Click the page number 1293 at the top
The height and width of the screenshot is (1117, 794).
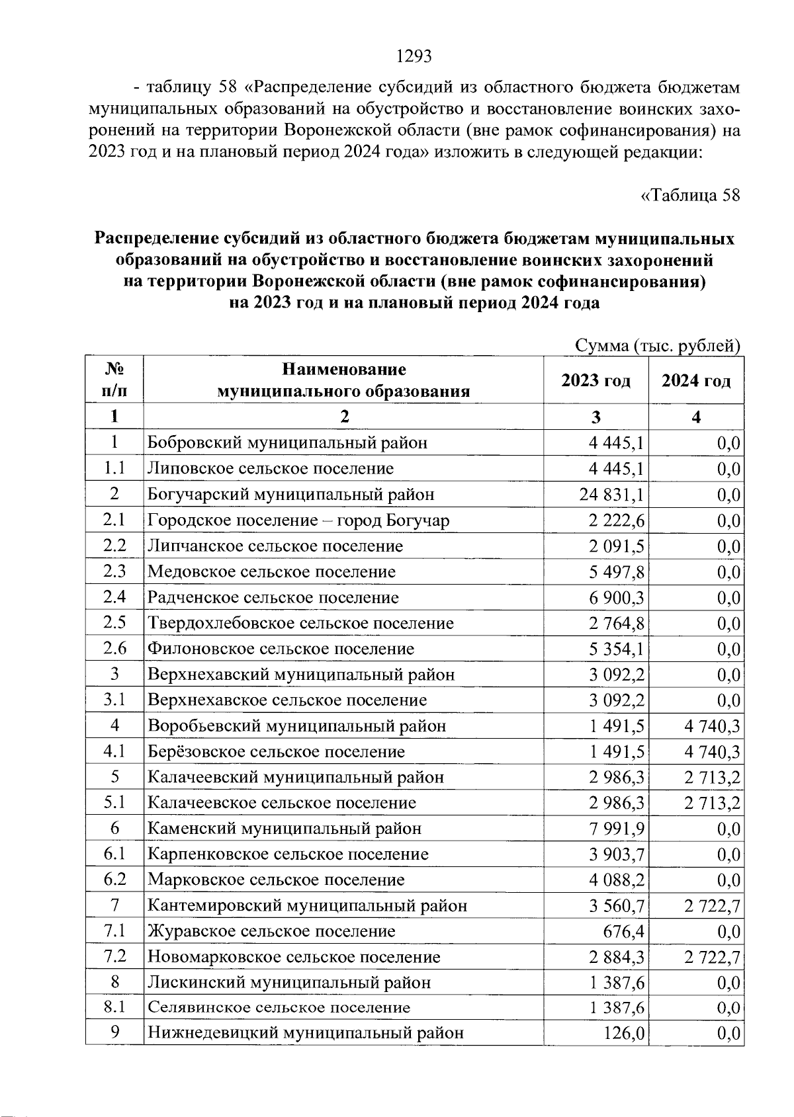(414, 57)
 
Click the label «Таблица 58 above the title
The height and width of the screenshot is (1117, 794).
(690, 196)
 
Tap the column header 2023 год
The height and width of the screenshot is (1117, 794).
(595, 381)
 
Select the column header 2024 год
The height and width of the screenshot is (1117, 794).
(696, 381)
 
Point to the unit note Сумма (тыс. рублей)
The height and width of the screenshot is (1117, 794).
(656, 346)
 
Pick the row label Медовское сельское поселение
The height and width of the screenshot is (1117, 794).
(271, 572)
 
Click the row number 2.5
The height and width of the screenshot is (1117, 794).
(114, 623)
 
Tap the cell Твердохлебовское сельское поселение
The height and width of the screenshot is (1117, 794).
(300, 624)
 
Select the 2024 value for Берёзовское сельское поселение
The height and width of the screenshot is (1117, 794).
(712, 752)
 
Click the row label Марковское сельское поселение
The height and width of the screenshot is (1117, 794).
(276, 880)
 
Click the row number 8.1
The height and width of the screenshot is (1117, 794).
(114, 1008)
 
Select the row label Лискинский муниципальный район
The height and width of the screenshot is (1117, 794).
(289, 983)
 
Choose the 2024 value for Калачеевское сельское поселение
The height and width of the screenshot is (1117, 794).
(712, 804)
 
